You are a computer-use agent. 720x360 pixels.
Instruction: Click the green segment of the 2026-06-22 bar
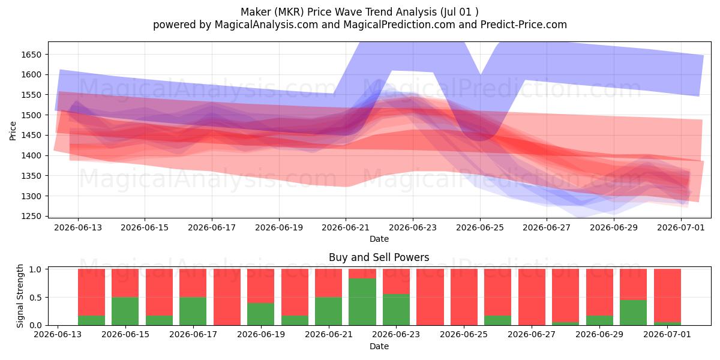tap(362, 302)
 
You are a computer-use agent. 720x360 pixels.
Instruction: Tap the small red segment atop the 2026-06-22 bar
tap(362, 274)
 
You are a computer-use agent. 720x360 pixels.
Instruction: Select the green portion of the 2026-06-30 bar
tap(633, 313)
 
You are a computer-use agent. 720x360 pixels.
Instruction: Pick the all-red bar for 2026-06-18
tap(227, 297)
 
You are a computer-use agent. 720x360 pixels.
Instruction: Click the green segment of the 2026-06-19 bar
tap(260, 314)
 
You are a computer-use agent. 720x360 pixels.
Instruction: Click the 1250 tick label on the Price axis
tap(31, 217)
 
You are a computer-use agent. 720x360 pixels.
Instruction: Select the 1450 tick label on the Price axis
tap(31, 136)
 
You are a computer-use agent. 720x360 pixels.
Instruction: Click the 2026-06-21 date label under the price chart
tap(346, 227)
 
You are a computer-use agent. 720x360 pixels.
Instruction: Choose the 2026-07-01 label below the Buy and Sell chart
tap(667, 334)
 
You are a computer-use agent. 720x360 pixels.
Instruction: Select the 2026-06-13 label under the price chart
tap(78, 227)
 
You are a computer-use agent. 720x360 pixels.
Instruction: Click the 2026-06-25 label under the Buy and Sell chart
tap(464, 334)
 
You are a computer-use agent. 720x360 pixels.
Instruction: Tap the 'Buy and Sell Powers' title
tap(379, 257)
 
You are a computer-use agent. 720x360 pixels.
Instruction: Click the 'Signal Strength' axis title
tap(20, 296)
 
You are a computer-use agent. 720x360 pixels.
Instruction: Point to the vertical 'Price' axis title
tap(13, 131)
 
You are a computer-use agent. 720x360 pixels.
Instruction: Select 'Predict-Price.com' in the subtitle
tap(524, 25)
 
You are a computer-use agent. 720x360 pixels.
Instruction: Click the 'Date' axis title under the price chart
tap(379, 239)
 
